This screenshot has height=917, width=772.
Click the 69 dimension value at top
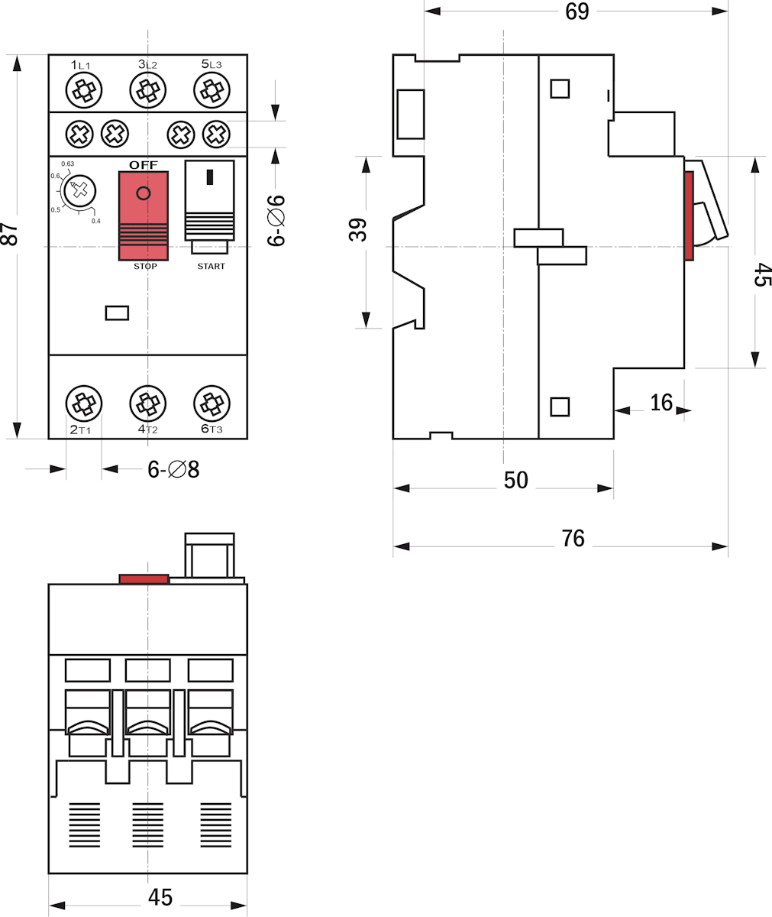[x=577, y=11]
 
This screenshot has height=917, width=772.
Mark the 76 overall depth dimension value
[x=573, y=539]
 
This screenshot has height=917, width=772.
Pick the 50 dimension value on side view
[x=516, y=481]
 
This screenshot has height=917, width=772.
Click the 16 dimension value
[x=661, y=402]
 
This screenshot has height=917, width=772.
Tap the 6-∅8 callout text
[x=173, y=469]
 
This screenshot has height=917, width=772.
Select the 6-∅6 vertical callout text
[x=276, y=220]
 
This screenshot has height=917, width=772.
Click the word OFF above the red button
[x=144, y=165]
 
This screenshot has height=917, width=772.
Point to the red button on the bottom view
[x=144, y=579]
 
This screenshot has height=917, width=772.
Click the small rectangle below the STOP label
[x=117, y=313]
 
